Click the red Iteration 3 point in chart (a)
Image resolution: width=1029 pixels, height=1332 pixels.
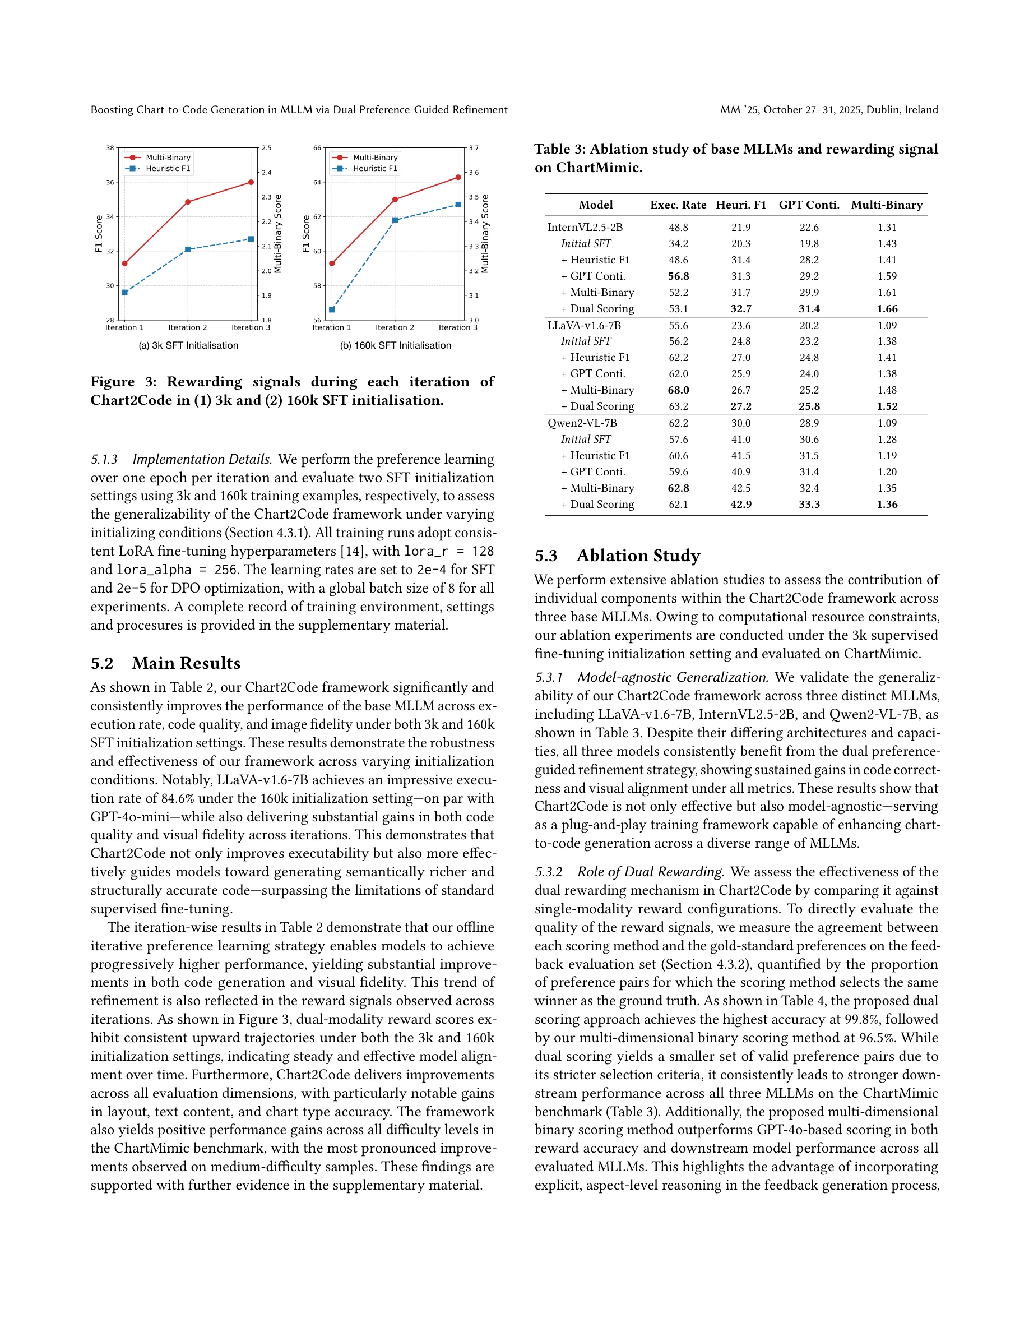251,182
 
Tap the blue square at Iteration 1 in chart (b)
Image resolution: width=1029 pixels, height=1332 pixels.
332,310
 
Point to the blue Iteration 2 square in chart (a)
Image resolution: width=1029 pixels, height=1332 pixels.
188,249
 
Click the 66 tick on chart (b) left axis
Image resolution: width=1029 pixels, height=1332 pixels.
317,148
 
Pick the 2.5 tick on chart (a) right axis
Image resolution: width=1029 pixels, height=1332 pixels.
266,148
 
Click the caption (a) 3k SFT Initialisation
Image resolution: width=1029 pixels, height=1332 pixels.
188,345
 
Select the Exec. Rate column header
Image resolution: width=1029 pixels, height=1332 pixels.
678,205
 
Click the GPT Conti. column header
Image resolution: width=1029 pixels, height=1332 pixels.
809,205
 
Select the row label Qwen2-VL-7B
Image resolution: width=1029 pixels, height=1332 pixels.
582,423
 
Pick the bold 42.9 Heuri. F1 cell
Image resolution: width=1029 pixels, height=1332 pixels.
741,505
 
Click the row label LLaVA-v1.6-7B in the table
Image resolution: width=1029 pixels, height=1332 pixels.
584,325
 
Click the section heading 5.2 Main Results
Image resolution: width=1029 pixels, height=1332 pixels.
165,663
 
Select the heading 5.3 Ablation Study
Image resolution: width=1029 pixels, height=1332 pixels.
617,556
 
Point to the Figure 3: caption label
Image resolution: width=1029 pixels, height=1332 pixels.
123,382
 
